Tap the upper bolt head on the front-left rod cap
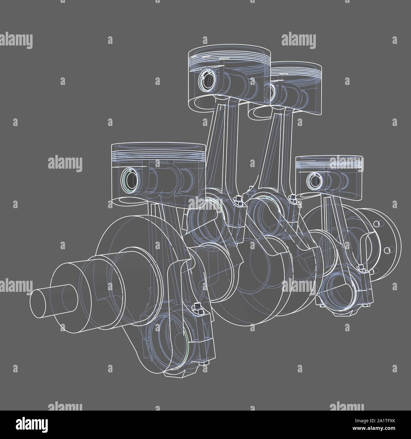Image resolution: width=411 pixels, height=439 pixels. pos(198,306)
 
